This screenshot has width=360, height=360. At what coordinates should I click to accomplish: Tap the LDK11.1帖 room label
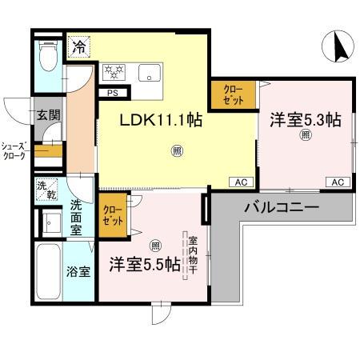(x=161, y=122)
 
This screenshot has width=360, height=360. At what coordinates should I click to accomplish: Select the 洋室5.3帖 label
(x=305, y=120)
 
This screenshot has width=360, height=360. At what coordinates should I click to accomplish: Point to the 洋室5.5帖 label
(x=145, y=265)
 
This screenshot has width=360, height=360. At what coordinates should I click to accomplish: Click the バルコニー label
(x=276, y=207)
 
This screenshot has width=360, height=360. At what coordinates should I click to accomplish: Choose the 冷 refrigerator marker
(x=78, y=47)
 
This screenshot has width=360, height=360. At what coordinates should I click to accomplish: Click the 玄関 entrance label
(x=47, y=114)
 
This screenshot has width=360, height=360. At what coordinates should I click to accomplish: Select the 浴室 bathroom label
(x=78, y=270)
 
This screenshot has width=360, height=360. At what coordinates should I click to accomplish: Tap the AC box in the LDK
(x=240, y=182)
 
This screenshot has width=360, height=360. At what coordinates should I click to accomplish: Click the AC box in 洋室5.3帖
(x=338, y=182)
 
